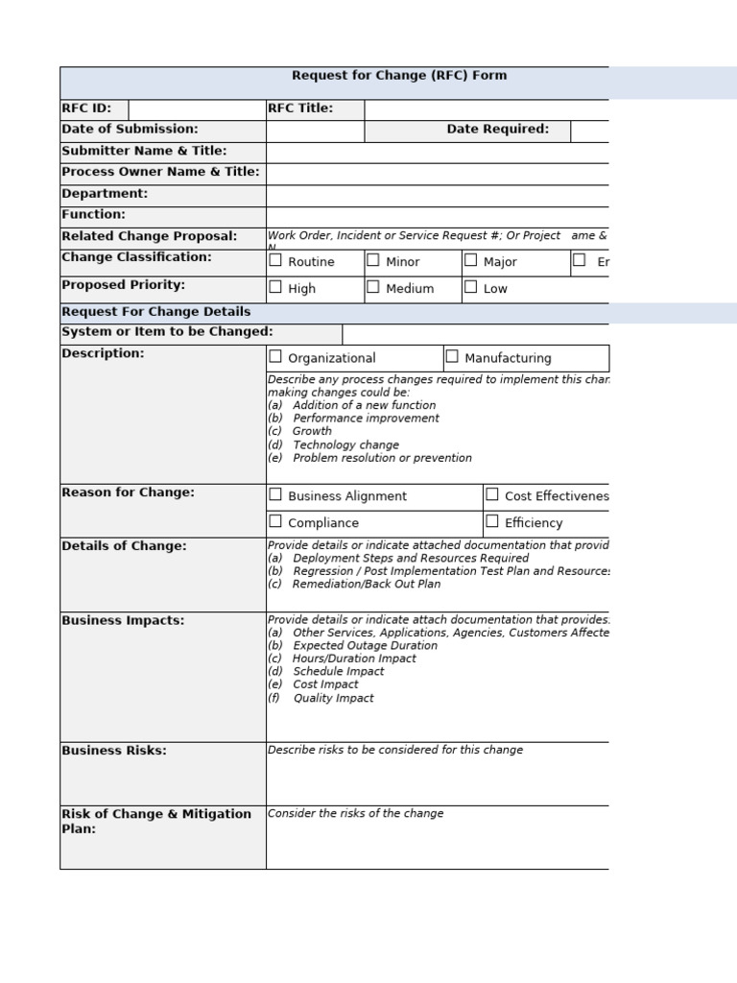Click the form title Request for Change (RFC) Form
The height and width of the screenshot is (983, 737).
399,76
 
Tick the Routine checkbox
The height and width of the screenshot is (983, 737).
275,260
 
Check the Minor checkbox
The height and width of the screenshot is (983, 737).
373,260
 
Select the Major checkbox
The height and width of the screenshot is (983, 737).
471,260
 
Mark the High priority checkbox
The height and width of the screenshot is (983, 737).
275,287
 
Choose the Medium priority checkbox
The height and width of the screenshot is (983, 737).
373,287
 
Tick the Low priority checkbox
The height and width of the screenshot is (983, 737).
471,287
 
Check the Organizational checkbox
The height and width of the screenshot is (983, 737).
275,356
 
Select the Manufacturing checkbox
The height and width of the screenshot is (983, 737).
452,356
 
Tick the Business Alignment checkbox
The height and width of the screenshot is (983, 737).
275,494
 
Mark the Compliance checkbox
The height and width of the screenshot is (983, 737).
275,521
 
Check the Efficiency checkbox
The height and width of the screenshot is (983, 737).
492,521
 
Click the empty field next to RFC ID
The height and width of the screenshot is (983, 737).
197,109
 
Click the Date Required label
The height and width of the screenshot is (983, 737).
497,130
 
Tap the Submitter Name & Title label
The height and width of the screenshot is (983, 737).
144,152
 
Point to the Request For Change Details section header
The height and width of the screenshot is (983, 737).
156,312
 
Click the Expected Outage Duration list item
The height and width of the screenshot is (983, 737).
365,646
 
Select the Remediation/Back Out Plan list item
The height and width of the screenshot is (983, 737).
367,584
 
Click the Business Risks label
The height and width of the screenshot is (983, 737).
114,751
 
